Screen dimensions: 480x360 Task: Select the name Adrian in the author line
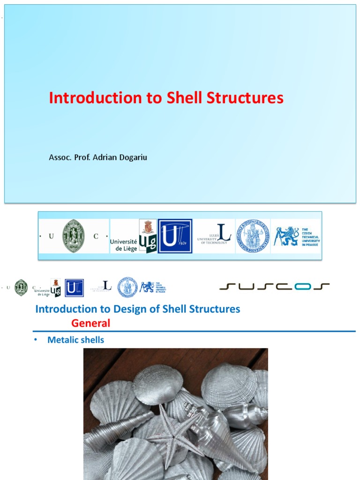click(x=107, y=157)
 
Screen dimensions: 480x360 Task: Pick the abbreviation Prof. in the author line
click(x=83, y=157)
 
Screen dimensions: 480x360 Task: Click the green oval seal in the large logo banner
click(x=74, y=236)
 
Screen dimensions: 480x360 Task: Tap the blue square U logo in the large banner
click(x=175, y=236)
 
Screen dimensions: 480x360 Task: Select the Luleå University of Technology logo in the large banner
click(x=215, y=236)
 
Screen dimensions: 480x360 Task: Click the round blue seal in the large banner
click(x=253, y=236)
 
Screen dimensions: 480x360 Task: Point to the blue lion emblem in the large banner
click(x=286, y=236)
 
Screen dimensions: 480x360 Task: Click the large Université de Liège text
click(x=123, y=245)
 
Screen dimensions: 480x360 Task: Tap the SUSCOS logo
click(x=274, y=286)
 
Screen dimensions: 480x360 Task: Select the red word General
click(x=90, y=323)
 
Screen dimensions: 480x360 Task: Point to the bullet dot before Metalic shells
click(x=35, y=340)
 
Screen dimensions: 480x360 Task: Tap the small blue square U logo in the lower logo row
click(x=74, y=288)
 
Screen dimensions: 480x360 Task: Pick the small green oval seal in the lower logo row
click(x=21, y=287)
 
